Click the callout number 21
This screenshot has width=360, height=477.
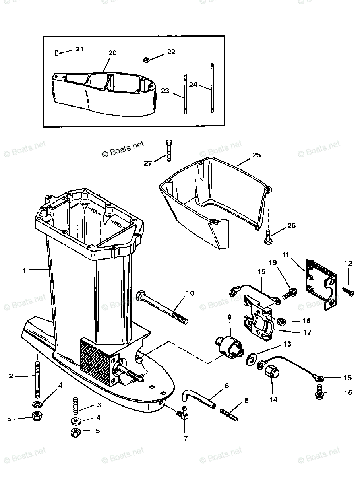click(x=79, y=49)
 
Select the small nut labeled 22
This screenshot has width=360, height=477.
click(x=146, y=60)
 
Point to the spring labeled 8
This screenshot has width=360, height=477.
click(x=229, y=412)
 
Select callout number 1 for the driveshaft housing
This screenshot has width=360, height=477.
click(x=25, y=270)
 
